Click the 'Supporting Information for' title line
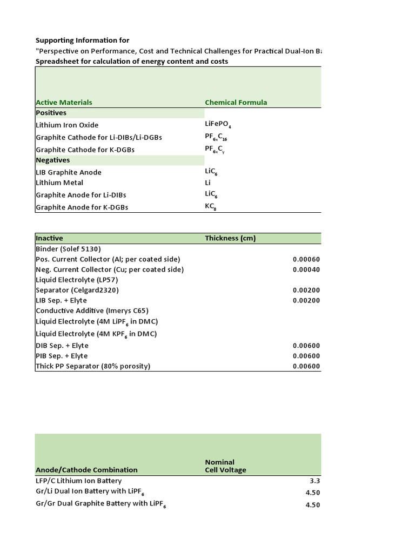pos(83,41)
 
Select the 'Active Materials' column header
pos(64,102)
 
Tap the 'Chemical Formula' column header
pos(236,102)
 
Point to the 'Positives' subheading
pos(51,113)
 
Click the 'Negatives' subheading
pos(53,160)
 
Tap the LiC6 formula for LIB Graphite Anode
pos(211,172)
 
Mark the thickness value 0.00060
pos(306,259)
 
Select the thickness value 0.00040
pos(306,269)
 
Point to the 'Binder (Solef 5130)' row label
pos(68,249)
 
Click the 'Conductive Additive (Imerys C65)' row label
pos(92,311)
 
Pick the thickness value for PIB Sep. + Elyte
pos(306,356)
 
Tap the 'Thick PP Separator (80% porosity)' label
pos(93,366)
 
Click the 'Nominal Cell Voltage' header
pos(225,466)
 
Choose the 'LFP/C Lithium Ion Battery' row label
pos(79,481)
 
